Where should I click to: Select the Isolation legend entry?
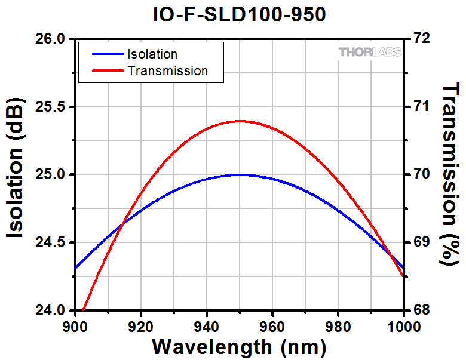152,54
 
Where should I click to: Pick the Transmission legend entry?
167,70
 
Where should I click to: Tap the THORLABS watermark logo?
370,53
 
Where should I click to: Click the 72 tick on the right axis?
421,39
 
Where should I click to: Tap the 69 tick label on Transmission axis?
421,242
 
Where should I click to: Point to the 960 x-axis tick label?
272,327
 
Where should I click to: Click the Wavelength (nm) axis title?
239,346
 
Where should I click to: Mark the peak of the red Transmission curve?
240,121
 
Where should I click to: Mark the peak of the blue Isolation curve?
240,175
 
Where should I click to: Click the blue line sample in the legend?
107,54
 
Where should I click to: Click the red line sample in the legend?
107,70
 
